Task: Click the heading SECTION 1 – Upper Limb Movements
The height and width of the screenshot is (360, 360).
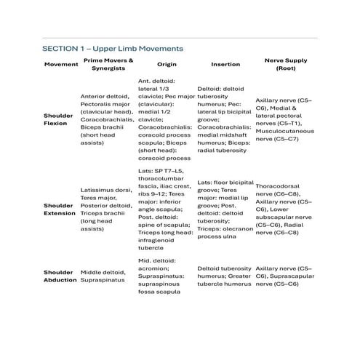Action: (112, 48)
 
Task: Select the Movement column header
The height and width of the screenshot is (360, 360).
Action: (61, 65)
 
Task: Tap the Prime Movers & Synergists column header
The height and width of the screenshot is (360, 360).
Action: (108, 65)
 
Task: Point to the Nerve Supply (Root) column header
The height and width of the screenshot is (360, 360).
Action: (286, 65)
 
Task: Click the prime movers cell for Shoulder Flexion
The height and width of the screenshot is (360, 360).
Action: (108, 119)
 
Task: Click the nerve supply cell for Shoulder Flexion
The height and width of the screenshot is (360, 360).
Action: (286, 119)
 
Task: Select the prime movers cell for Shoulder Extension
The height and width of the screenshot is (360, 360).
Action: (108, 209)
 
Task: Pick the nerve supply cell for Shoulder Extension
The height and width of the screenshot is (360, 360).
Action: (286, 209)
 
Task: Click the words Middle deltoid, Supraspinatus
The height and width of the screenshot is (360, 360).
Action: (108, 273)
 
